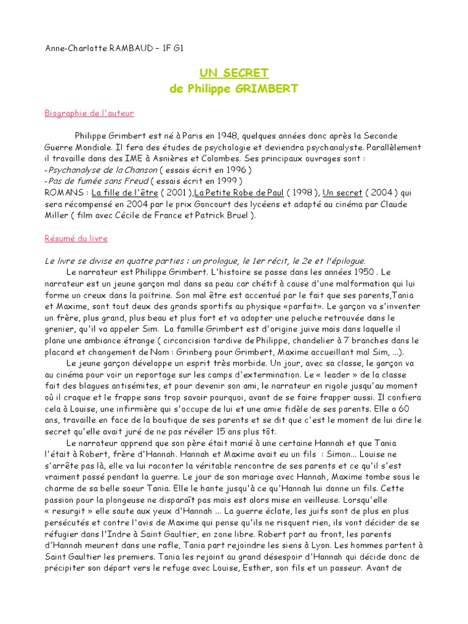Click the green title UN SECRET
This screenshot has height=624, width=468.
(x=233, y=73)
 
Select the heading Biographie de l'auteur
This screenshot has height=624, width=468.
(x=90, y=113)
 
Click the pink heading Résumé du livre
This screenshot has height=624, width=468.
(x=76, y=238)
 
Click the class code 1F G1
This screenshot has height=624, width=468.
(x=172, y=49)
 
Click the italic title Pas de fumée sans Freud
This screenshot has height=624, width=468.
(x=96, y=181)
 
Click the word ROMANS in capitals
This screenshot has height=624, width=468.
(x=64, y=193)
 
